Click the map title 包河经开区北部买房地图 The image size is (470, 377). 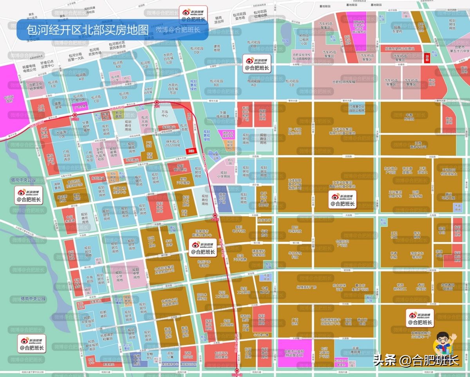(88, 30)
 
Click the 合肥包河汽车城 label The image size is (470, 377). (343, 82)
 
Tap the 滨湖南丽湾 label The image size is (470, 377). (355, 350)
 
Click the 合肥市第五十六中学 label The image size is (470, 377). (459, 49)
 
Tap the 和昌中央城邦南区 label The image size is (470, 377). (93, 344)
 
